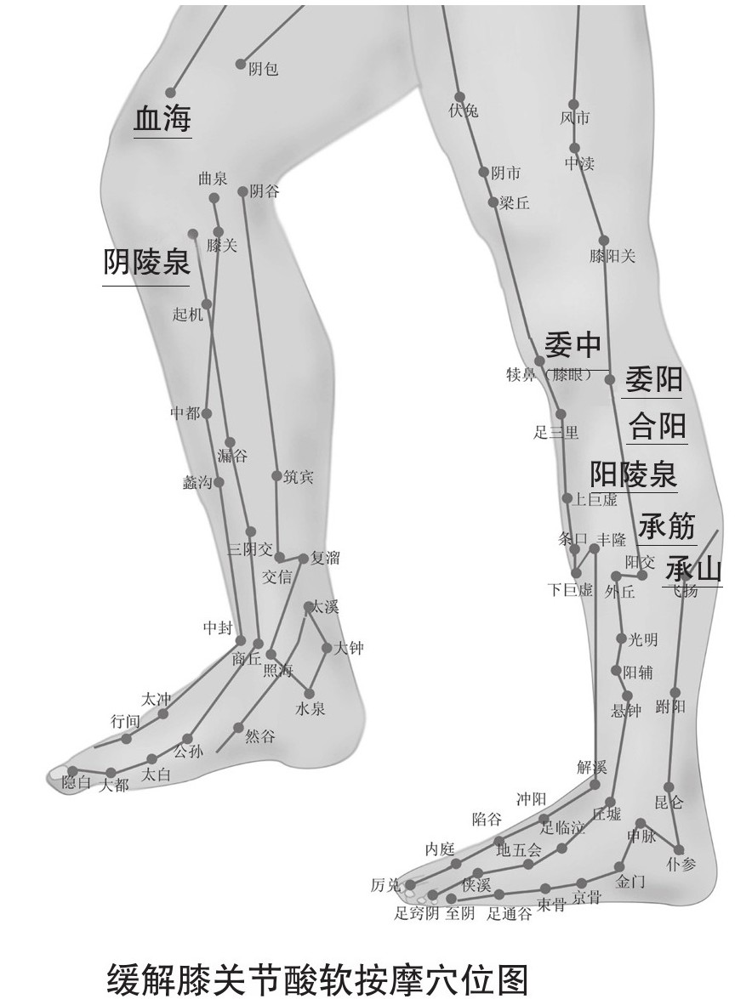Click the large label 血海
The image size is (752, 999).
tap(162, 119)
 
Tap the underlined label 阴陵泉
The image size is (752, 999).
tap(146, 263)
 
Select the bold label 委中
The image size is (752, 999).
tap(573, 344)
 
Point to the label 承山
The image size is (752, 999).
tap(693, 568)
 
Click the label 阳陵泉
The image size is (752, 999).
tap(634, 474)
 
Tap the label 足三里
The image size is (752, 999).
tap(555, 433)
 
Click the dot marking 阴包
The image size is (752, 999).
tap(242, 65)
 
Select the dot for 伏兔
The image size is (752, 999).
tap(459, 97)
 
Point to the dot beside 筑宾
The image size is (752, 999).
tap(276, 476)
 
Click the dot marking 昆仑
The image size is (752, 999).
tap(669, 786)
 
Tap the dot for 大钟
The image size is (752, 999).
tap(327, 648)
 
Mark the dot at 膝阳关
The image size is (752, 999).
tap(604, 241)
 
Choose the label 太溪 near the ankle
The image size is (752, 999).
tap(324, 607)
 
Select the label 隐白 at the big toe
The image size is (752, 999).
tap(77, 782)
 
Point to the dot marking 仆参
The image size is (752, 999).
tap(680, 849)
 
